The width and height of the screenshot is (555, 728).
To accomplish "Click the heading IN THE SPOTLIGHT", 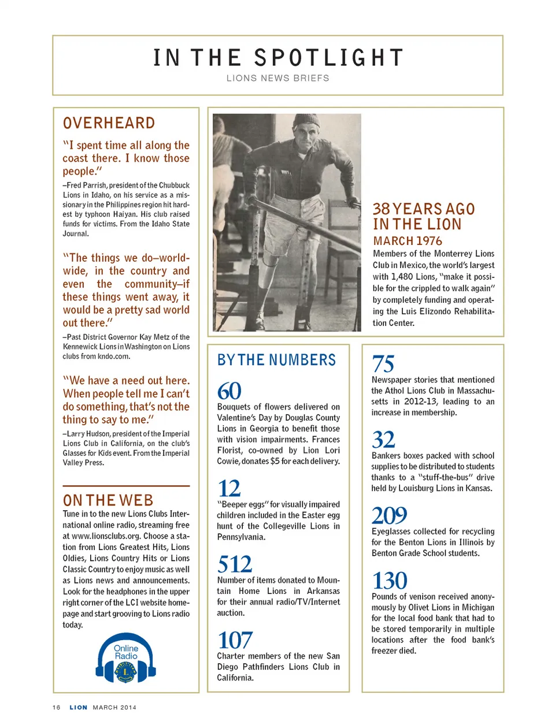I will pyautogui.click(x=278, y=58).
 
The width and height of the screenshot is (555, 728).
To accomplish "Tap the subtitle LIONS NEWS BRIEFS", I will pyautogui.click(x=278, y=79).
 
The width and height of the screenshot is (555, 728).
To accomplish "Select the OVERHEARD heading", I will pyautogui.click(x=109, y=123).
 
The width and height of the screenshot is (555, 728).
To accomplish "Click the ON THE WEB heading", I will pyautogui.click(x=108, y=500).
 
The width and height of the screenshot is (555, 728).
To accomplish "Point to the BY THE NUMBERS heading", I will pyautogui.click(x=276, y=360).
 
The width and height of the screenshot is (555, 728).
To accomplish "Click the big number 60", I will pyautogui.click(x=229, y=391).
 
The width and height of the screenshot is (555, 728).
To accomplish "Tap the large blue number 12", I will pyautogui.click(x=229, y=489).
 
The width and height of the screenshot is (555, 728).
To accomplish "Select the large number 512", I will pyautogui.click(x=235, y=564).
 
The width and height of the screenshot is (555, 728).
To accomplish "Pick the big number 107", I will pyautogui.click(x=235, y=640).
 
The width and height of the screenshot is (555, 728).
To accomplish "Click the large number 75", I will pyautogui.click(x=383, y=364).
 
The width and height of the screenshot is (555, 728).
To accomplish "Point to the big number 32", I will pyautogui.click(x=383, y=440).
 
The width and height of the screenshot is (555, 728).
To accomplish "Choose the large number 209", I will pyautogui.click(x=389, y=515).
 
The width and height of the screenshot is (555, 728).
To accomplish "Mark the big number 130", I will pyautogui.click(x=389, y=581).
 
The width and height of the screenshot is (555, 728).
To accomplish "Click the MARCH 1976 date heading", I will pyautogui.click(x=408, y=241).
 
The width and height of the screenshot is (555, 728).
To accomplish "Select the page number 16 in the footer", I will pyautogui.click(x=56, y=707).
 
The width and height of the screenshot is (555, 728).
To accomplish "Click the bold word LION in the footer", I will pyautogui.click(x=79, y=707).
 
